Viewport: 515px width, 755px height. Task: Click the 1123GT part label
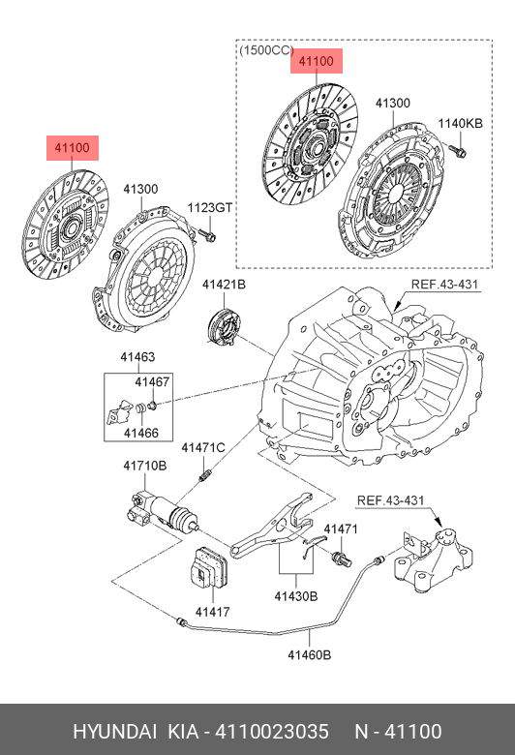209,208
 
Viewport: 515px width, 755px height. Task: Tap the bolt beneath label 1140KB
458,152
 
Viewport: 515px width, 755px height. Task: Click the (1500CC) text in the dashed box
266,50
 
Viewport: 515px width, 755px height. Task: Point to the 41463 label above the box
137,357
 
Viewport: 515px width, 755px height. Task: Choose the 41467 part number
152,381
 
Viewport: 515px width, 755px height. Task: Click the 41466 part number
141,433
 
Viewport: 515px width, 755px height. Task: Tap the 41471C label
203,448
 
